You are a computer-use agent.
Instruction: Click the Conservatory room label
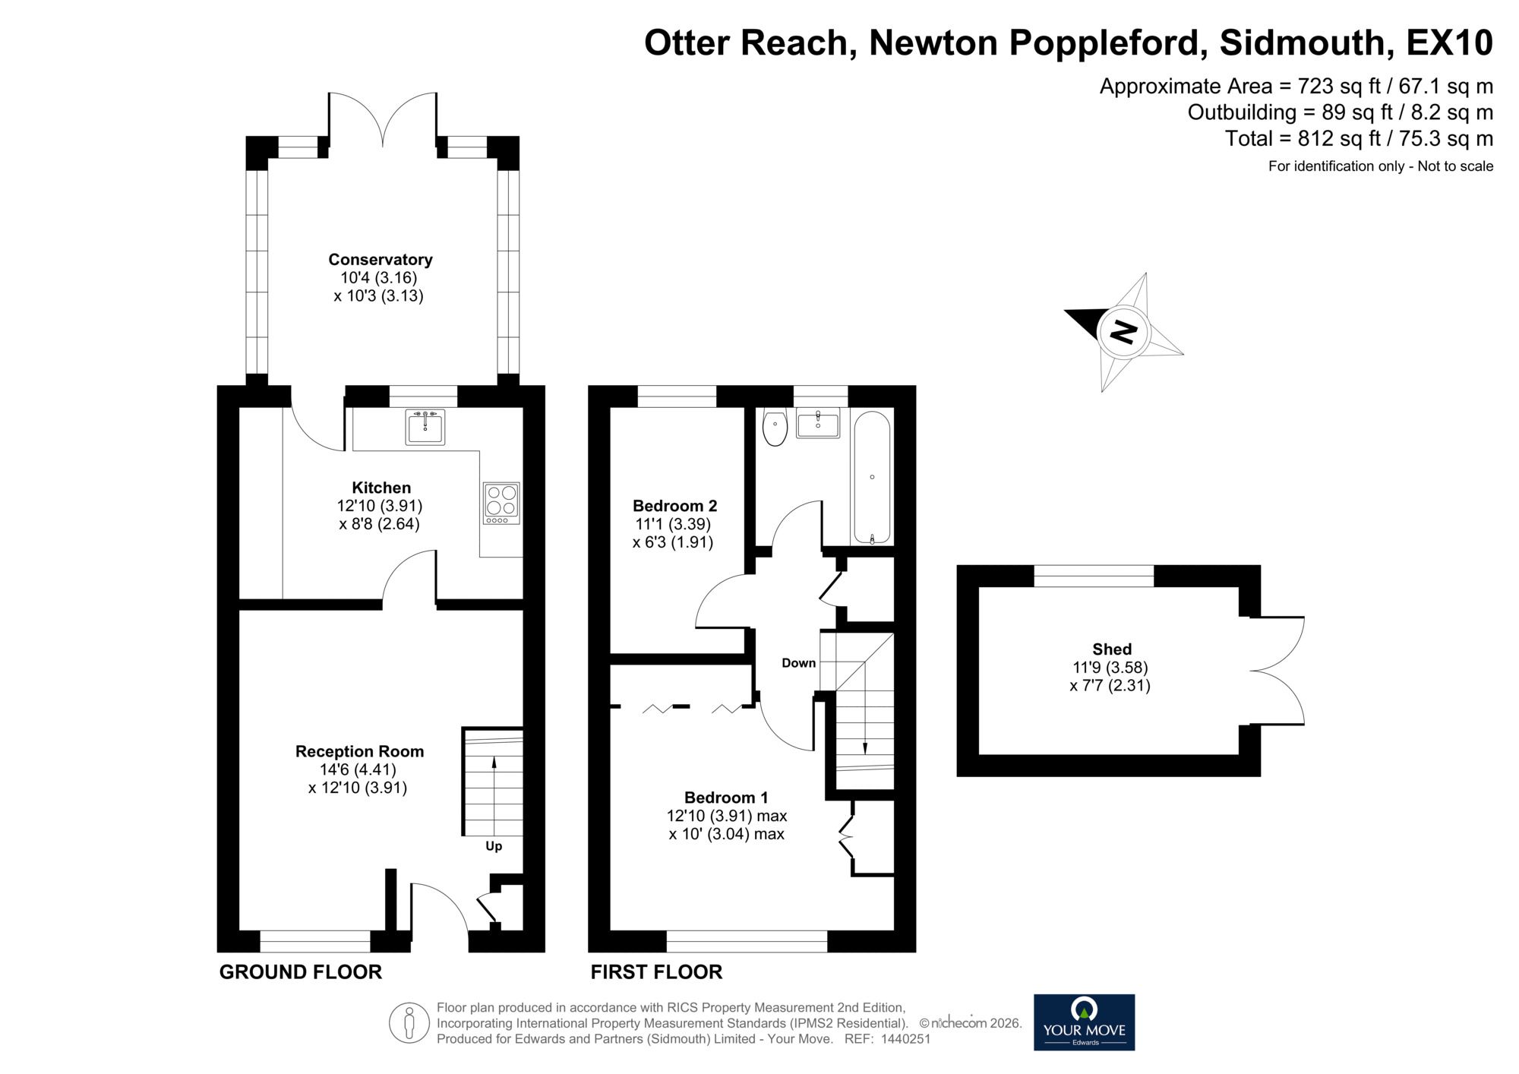click(x=380, y=260)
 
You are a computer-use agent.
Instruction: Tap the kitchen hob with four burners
click(x=501, y=503)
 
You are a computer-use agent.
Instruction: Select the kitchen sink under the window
click(x=425, y=427)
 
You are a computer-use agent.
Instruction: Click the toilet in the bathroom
click(x=774, y=428)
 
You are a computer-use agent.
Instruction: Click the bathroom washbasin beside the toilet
click(x=818, y=423)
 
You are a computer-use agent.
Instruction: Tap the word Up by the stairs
click(x=494, y=846)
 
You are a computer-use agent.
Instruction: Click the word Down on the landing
click(x=798, y=663)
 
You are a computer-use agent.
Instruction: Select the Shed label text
click(x=1111, y=649)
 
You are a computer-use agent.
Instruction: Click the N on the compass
click(x=1124, y=332)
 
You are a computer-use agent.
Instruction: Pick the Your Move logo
click(x=1084, y=1022)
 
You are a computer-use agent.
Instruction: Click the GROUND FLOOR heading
click(x=301, y=972)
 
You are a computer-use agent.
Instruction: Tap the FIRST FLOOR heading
click(x=656, y=972)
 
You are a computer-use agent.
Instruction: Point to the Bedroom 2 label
click(x=674, y=506)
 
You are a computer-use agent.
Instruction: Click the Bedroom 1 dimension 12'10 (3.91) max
click(x=726, y=817)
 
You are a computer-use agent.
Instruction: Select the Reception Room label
click(x=359, y=751)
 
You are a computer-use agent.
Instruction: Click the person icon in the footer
click(x=409, y=1022)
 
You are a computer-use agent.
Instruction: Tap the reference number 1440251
click(x=905, y=1039)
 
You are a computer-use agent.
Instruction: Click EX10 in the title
click(x=1449, y=43)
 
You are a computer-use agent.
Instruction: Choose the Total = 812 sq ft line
click(x=1358, y=139)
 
